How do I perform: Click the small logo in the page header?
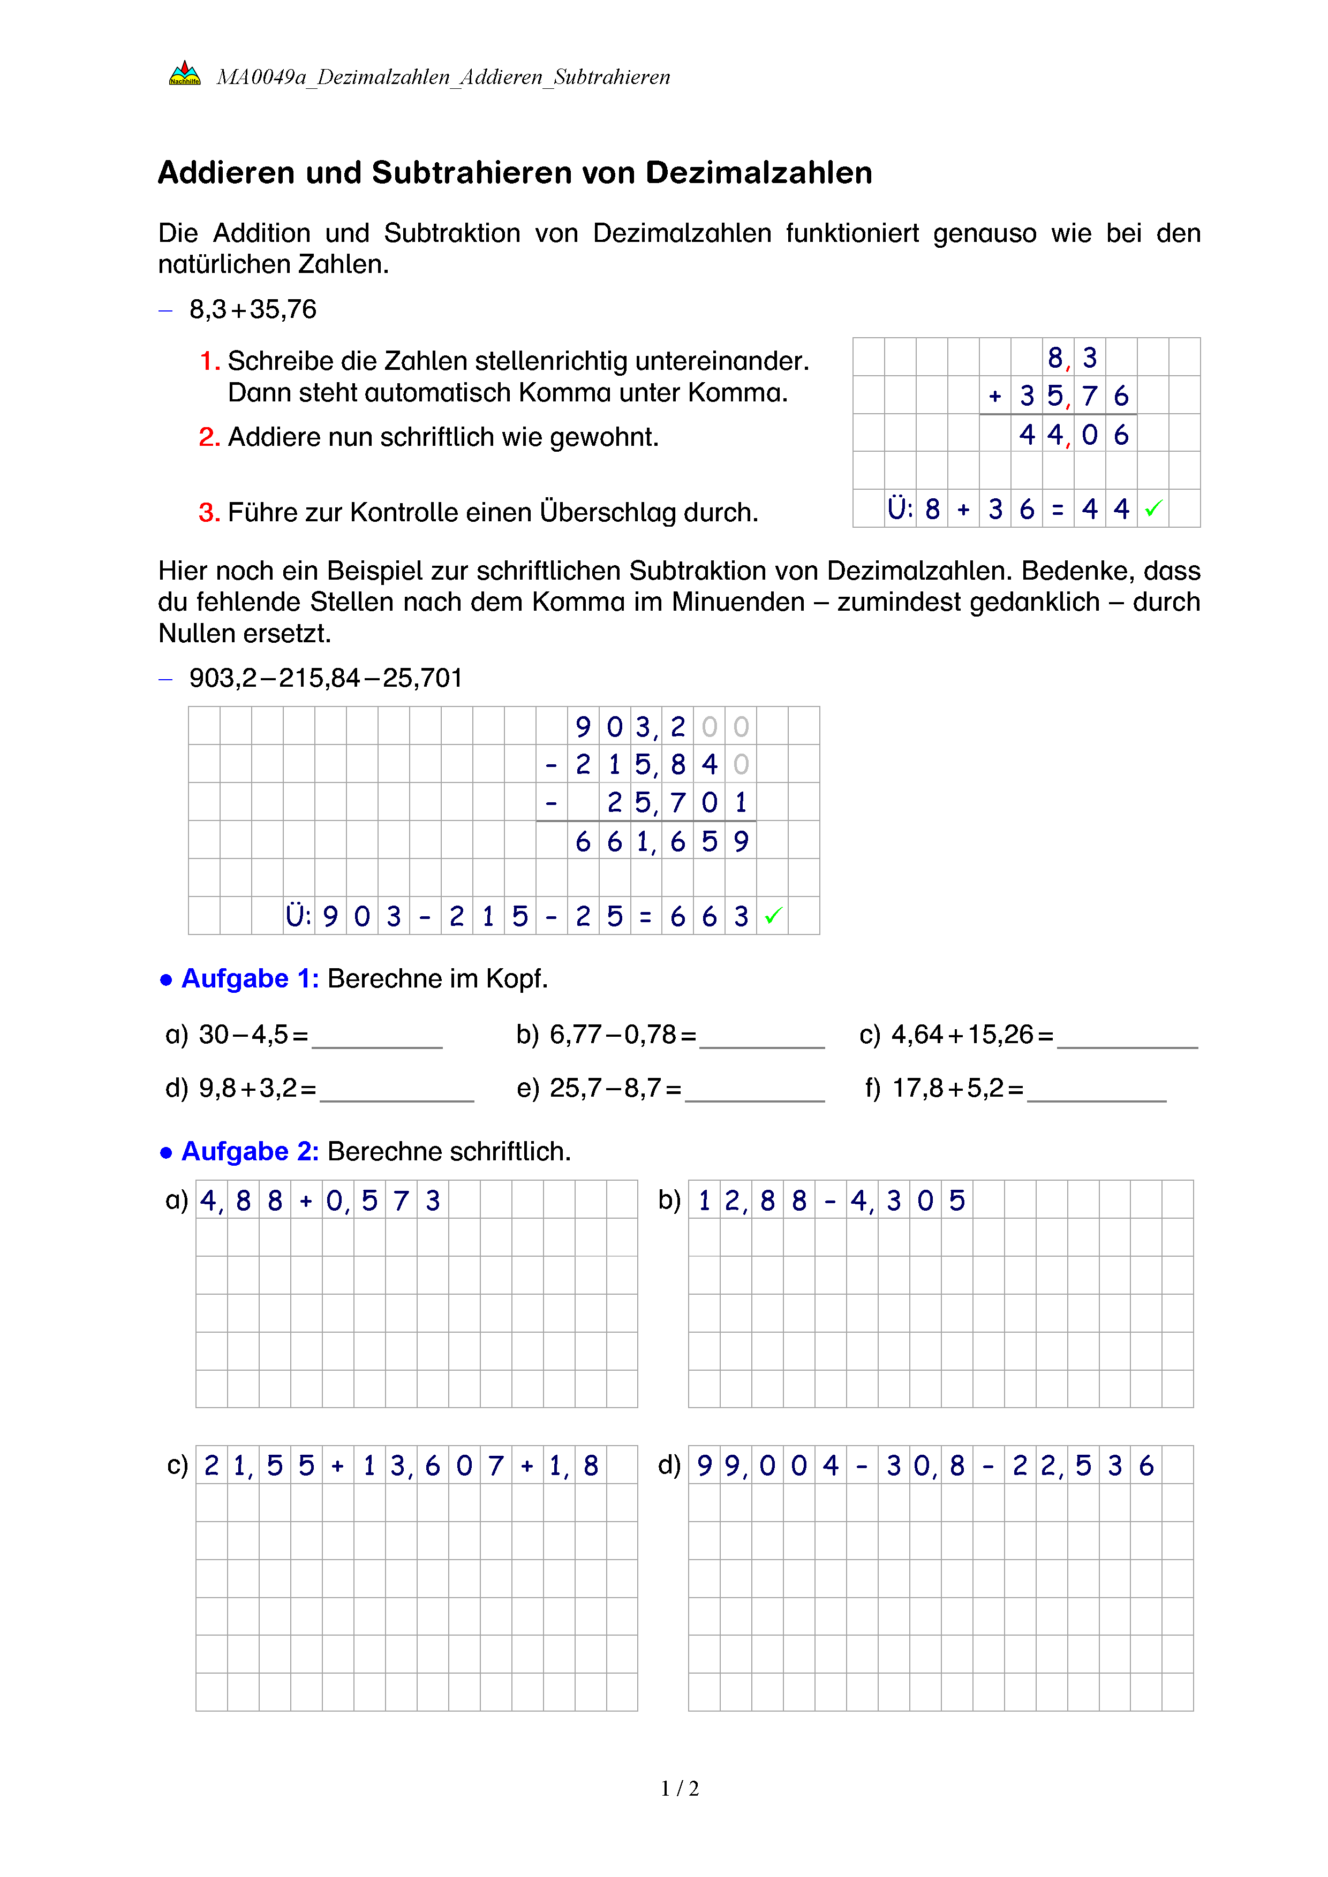(184, 73)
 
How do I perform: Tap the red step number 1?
(208, 361)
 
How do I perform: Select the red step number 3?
(208, 513)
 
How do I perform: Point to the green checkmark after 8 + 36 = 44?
(1153, 508)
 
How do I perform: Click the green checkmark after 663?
(773, 916)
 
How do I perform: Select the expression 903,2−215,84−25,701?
(326, 678)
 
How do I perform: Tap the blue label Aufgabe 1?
(250, 978)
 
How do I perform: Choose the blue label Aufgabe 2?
(250, 1151)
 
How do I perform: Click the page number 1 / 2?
(680, 1789)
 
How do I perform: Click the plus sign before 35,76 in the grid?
(995, 397)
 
